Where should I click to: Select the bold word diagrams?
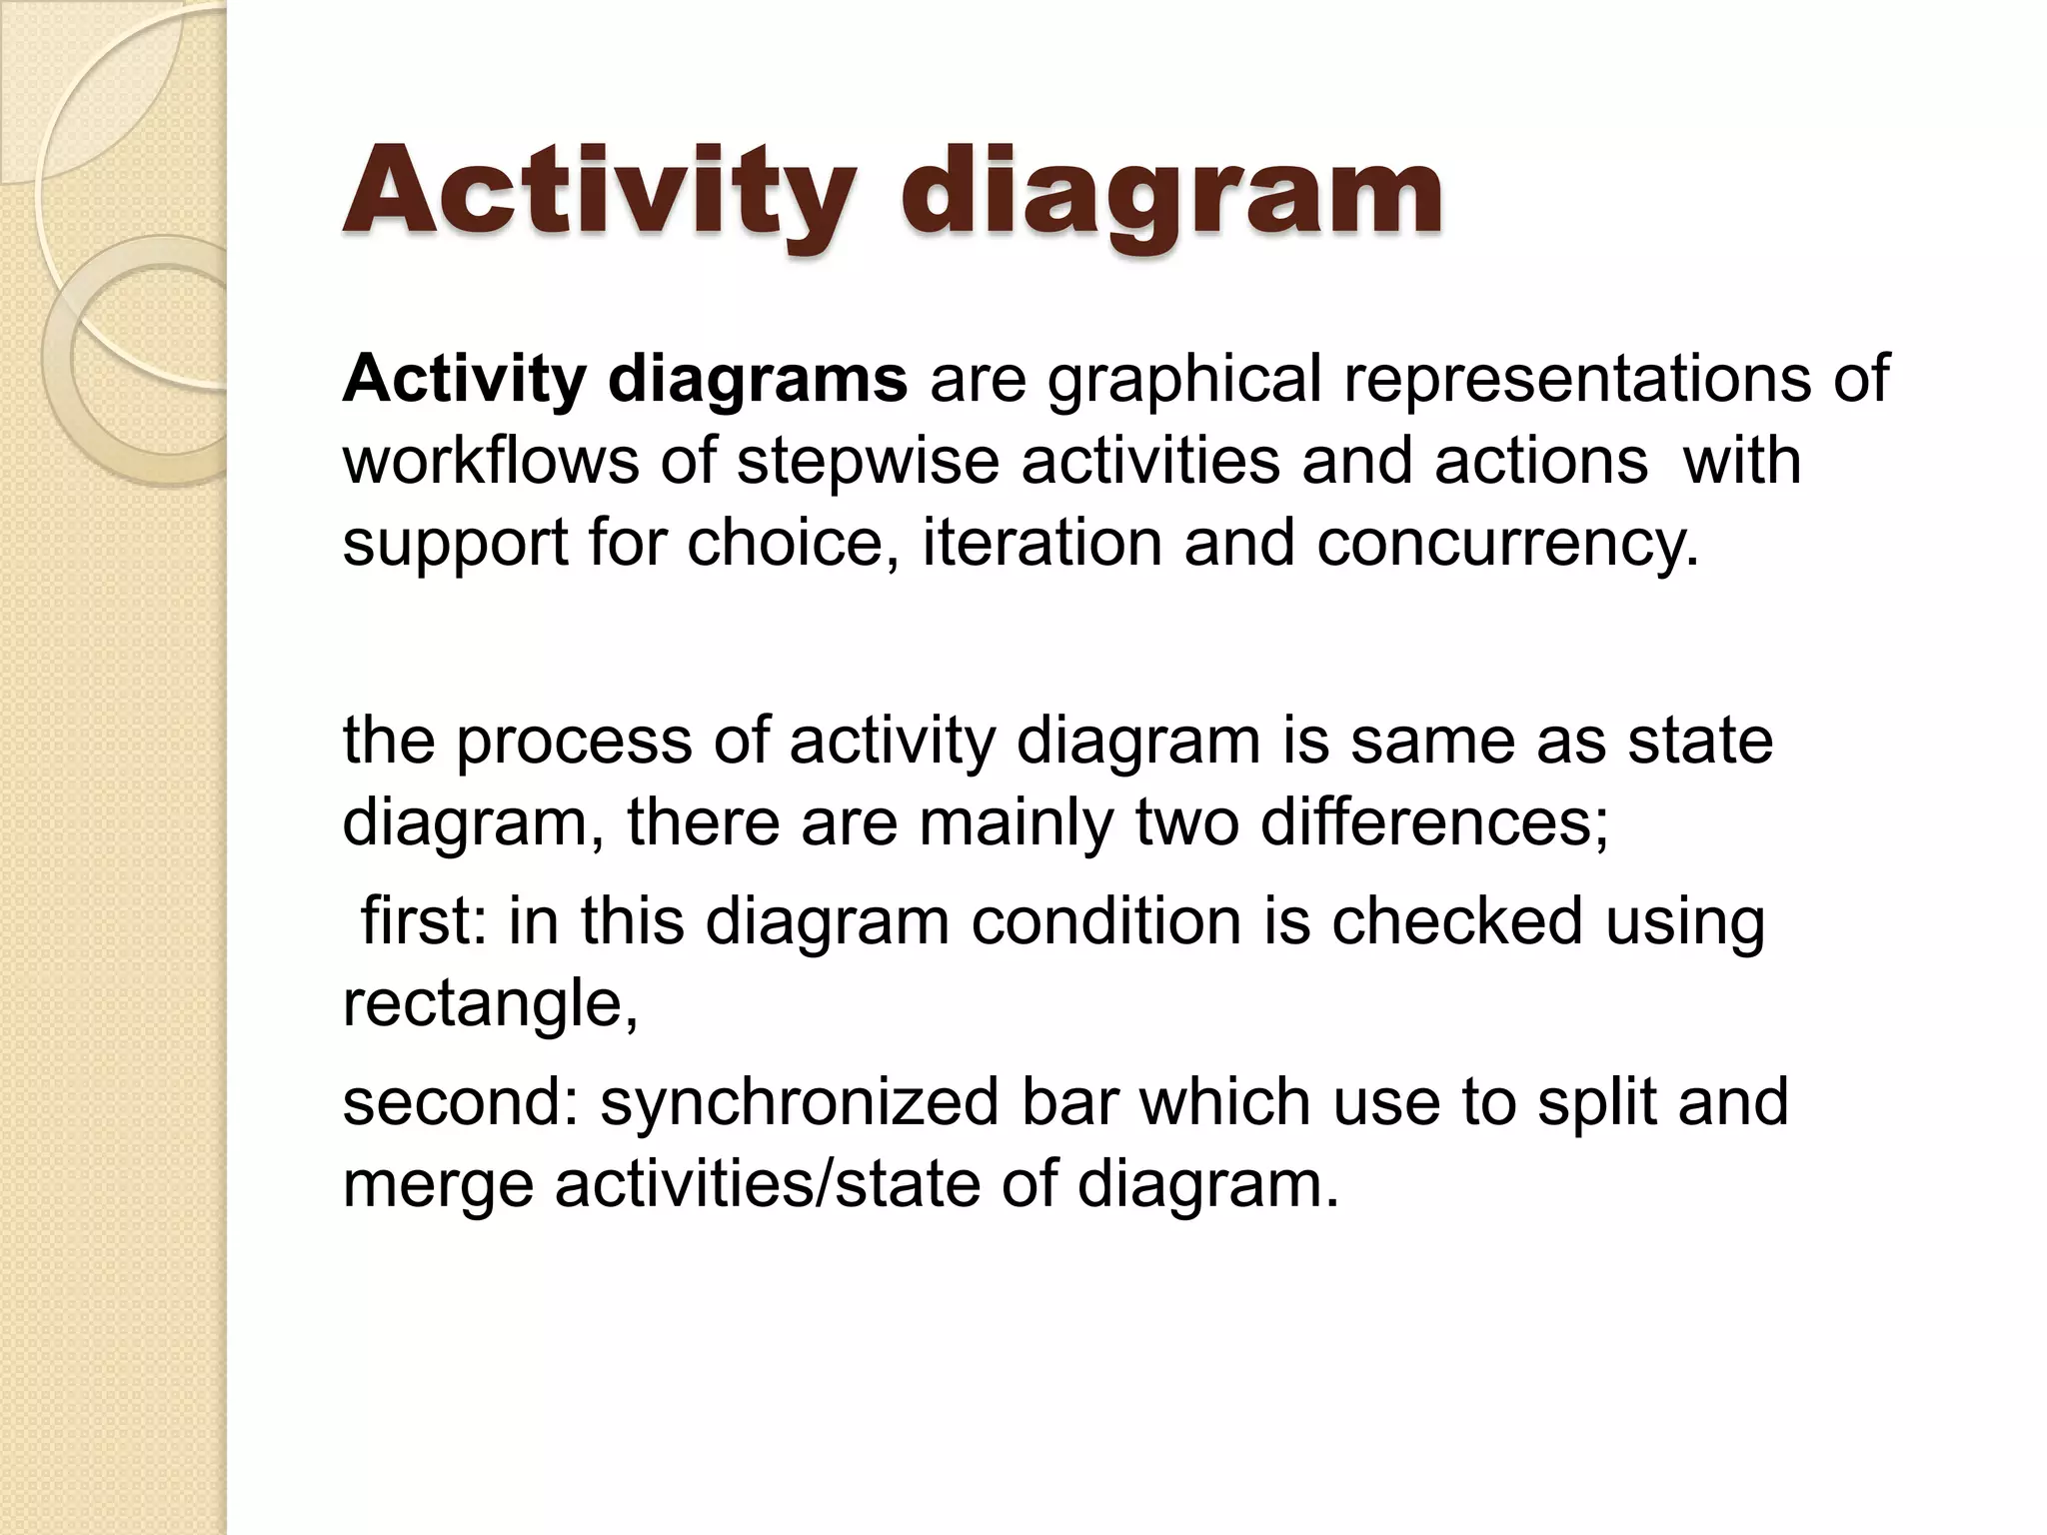757,380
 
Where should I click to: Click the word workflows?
490,462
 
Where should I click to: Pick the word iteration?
1041,543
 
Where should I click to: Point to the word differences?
1432,822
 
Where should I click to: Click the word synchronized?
799,1103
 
